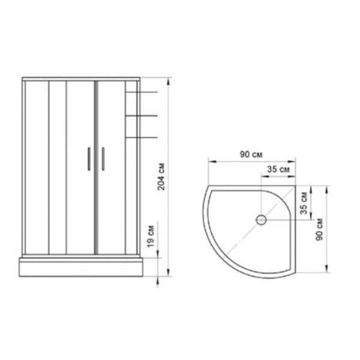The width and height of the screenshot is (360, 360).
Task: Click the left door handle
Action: [x=88, y=160]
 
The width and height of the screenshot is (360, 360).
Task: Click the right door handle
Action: [x=103, y=160]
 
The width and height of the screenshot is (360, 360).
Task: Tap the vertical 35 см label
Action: [x=304, y=202]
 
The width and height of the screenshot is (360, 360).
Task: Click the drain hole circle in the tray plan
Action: [x=262, y=220]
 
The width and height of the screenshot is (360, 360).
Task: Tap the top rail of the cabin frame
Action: [x=82, y=78]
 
